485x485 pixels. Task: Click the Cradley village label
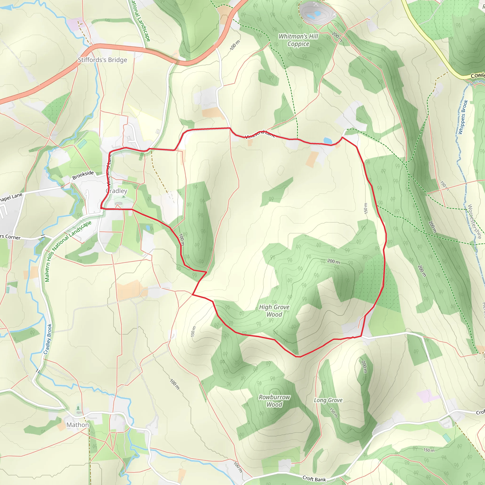click(x=117, y=191)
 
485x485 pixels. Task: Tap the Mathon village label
click(x=78, y=425)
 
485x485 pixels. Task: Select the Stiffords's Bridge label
click(x=102, y=60)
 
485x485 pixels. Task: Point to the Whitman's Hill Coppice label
click(x=298, y=40)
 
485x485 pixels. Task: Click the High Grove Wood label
click(x=274, y=310)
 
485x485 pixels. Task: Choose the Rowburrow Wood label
click(x=274, y=401)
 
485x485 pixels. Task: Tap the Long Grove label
click(x=328, y=400)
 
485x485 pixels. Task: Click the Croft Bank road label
click(x=314, y=479)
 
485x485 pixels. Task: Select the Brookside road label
click(x=83, y=175)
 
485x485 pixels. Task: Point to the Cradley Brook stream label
click(x=48, y=339)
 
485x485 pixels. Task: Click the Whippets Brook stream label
click(x=463, y=117)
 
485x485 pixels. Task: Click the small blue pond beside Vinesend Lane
click(x=328, y=141)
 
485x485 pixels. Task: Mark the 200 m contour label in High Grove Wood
click(x=333, y=262)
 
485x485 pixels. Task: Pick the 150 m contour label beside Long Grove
click(x=334, y=413)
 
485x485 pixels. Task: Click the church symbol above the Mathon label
click(x=79, y=409)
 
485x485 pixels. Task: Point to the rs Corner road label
click(x=10, y=237)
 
